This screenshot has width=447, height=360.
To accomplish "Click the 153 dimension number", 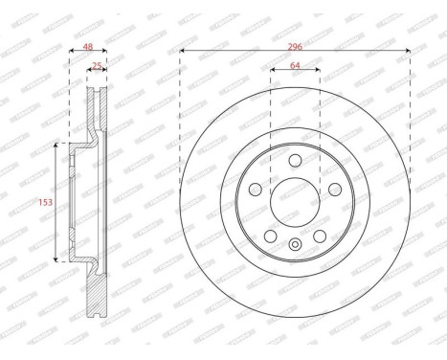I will (x=44, y=202).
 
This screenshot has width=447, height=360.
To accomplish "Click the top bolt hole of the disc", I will (x=295, y=160).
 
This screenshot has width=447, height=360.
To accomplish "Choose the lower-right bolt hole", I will (x=319, y=236).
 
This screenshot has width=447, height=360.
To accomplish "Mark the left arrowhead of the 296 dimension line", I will (x=182, y=50).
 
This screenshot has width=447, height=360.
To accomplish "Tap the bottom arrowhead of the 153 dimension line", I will (x=57, y=259).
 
